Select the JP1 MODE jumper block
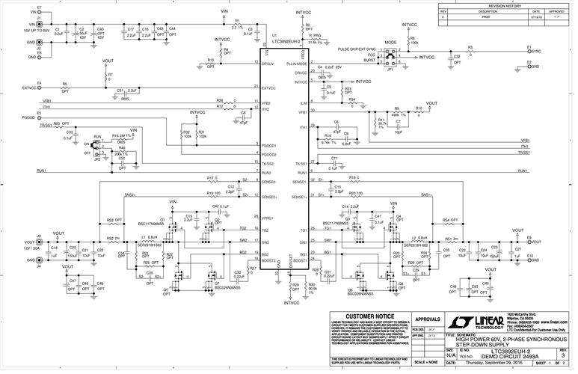[390, 55]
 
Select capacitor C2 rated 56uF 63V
[74, 34]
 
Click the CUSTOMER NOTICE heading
[365, 318]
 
